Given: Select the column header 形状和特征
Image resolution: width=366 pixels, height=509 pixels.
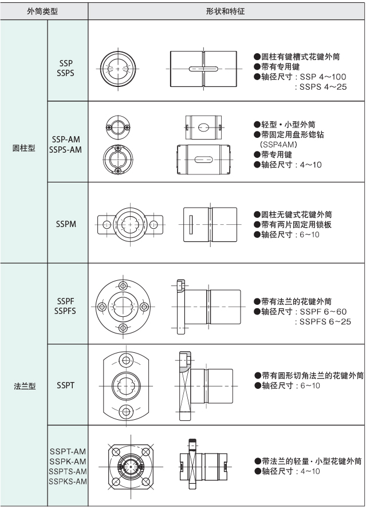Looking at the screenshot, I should tap(226, 10).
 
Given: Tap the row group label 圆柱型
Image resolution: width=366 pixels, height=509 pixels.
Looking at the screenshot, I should tap(23, 147).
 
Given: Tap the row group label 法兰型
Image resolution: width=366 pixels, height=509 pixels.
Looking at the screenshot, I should tap(23, 385).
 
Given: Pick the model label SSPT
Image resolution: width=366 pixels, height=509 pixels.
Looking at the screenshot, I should tap(66, 385).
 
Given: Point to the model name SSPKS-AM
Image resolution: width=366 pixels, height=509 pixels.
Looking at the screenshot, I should tap(68, 481).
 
